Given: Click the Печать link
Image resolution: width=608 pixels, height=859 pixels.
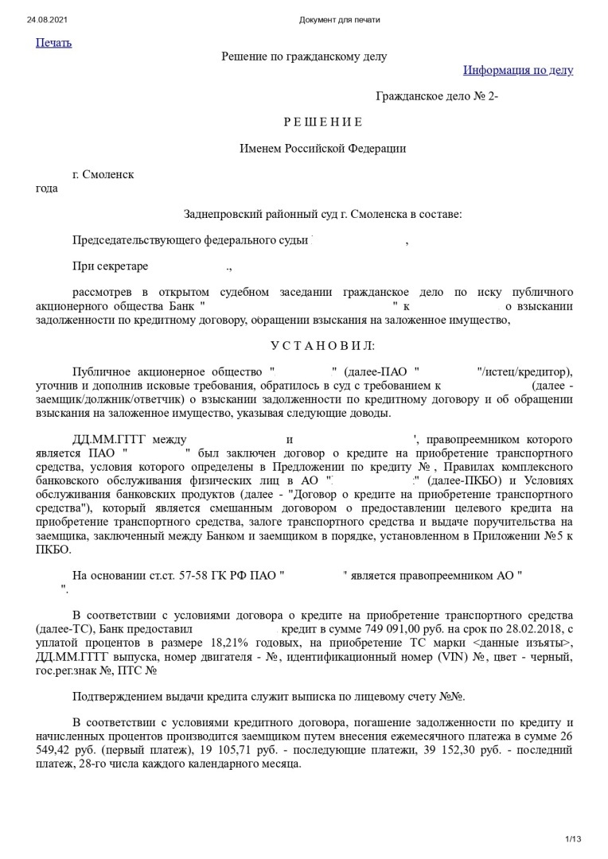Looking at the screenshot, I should [x=53, y=43].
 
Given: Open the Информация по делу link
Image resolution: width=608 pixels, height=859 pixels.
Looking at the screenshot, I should [x=518, y=70].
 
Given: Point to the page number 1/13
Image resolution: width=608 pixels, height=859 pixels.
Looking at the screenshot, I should [x=573, y=838].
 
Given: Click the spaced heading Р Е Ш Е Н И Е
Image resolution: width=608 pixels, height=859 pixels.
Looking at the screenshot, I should [x=323, y=122].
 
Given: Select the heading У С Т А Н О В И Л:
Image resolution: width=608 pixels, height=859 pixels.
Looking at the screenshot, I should [x=322, y=345].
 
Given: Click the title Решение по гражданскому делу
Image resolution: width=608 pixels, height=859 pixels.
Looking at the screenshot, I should [x=304, y=56].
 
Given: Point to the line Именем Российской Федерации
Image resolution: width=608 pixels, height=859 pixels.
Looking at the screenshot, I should [x=323, y=148].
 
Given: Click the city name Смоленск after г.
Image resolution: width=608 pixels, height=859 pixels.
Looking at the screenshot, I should [x=108, y=174].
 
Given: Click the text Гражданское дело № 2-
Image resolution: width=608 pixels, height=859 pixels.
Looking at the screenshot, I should [x=437, y=96].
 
